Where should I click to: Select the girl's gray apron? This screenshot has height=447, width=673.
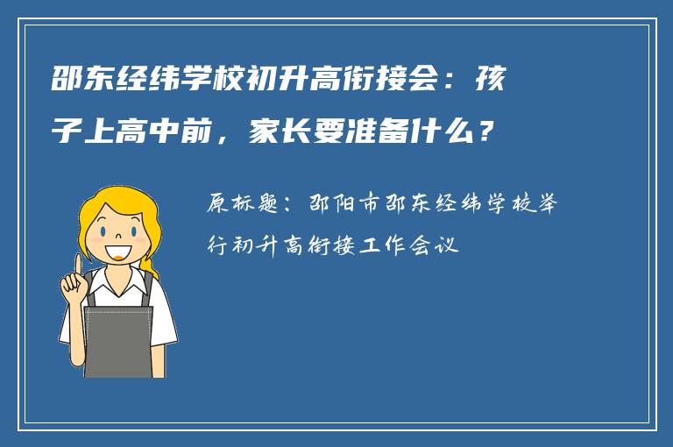click(118, 337)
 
